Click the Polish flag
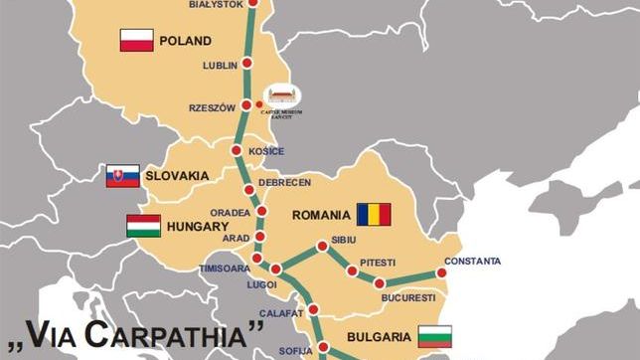click(x=136, y=41)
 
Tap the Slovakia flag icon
click(x=122, y=176)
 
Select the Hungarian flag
click(x=143, y=226)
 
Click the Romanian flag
click(x=374, y=214)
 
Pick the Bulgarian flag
click(x=434, y=336)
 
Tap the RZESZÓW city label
click(x=212, y=107)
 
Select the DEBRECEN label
click(x=285, y=183)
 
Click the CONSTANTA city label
click(x=473, y=262)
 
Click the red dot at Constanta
click(x=442, y=273)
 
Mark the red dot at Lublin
click(x=247, y=65)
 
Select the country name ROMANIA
click(x=321, y=214)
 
